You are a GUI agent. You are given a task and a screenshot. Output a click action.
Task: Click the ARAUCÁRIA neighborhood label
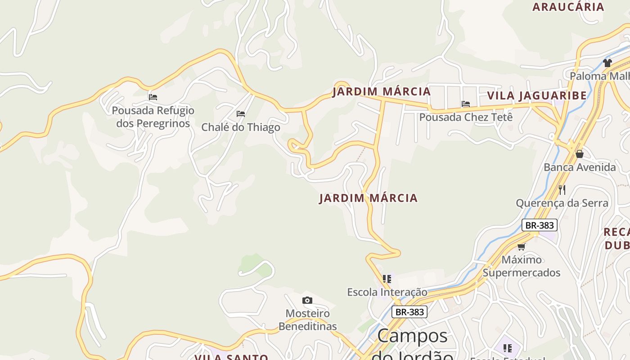click(x=568, y=7)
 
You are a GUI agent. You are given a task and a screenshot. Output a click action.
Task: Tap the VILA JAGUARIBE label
click(x=537, y=95)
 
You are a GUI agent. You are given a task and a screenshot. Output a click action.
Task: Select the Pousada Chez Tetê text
click(x=466, y=117)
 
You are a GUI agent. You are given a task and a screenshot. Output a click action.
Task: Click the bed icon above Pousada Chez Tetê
click(x=466, y=104)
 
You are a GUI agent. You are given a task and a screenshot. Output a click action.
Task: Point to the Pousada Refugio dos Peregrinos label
click(x=153, y=117)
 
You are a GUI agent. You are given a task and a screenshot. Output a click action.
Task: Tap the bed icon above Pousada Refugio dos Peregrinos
click(x=153, y=97)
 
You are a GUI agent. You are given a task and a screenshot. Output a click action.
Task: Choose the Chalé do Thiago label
click(x=241, y=127)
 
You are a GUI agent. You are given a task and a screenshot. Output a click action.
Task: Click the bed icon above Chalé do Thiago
click(x=241, y=114)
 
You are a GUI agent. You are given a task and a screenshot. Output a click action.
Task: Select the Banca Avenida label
click(x=580, y=167)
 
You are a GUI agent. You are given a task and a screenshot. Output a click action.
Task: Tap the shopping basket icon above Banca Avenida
click(x=580, y=154)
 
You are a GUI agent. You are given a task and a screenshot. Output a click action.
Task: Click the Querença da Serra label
click(x=562, y=203)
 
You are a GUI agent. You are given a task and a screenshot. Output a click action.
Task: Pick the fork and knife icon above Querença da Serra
click(x=562, y=189)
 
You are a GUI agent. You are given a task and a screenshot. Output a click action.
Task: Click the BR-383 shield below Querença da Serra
click(x=540, y=225)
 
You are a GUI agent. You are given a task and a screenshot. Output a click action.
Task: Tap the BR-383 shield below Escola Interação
click(x=409, y=312)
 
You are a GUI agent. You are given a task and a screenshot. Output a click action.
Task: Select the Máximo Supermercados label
click(x=522, y=266)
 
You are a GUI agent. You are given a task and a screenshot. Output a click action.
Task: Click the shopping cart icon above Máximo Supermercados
click(x=522, y=247)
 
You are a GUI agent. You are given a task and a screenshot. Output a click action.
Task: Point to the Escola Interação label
click(x=387, y=292)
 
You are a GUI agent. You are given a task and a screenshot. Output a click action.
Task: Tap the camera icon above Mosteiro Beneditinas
click(x=307, y=300)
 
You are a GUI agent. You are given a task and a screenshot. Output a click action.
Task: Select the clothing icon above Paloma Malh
click(x=607, y=63)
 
